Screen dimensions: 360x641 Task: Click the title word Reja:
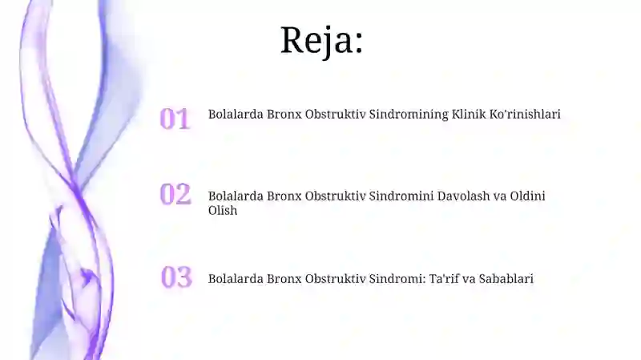tap(321, 40)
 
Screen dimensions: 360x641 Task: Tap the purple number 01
tap(175, 119)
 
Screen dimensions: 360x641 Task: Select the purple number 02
tap(175, 194)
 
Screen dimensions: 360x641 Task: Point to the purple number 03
tap(176, 277)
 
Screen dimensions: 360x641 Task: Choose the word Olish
tap(223, 211)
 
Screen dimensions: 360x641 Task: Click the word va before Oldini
tap(500, 196)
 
